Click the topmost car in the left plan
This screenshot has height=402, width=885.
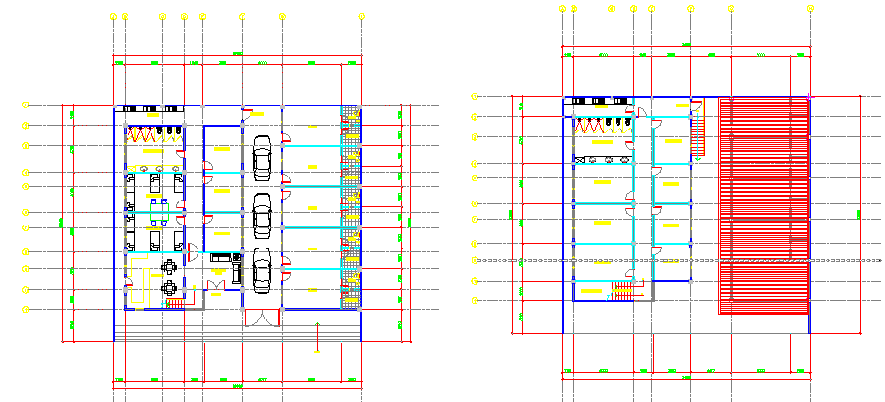[262, 157]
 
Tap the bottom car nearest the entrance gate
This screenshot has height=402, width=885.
[262, 270]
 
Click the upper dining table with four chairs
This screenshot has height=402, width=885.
[171, 266]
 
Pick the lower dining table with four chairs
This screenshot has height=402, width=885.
[171, 287]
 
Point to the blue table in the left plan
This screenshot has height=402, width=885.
[165, 204]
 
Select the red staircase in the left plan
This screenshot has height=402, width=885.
[175, 303]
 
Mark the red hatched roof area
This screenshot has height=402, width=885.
[765, 205]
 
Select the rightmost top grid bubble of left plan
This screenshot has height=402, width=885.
[361, 16]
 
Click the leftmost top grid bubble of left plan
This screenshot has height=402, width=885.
[114, 16]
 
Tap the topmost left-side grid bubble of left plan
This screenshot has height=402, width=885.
[27, 104]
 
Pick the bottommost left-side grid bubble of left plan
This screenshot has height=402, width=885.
[27, 309]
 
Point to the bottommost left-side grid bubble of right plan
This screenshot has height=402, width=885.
[474, 300]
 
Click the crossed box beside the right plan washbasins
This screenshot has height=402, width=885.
[578, 158]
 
